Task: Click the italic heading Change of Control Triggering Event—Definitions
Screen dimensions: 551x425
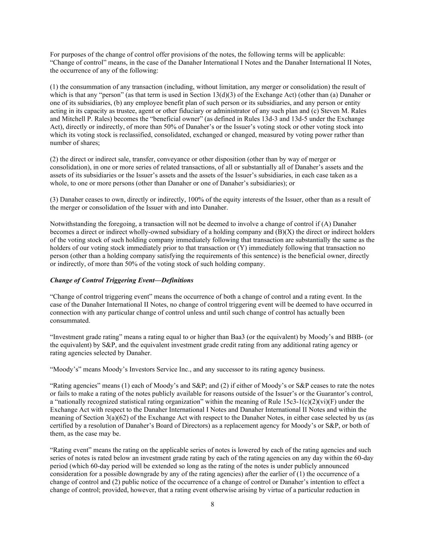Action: [122, 280]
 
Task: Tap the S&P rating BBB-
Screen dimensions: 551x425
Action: [350, 337]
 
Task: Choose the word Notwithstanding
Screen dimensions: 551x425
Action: [72, 224]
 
